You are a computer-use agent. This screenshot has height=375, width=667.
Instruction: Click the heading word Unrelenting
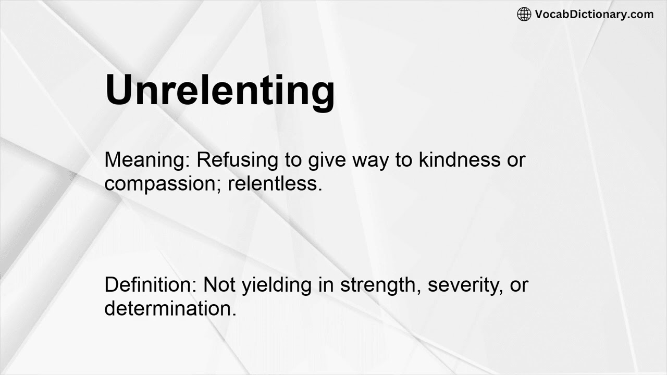click(x=219, y=90)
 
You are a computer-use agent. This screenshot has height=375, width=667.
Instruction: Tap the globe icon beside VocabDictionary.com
click(x=524, y=14)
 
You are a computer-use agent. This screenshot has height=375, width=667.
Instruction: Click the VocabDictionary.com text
click(x=594, y=14)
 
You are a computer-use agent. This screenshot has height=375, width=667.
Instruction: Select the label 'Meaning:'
click(x=147, y=160)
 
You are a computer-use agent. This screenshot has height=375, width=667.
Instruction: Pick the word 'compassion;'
click(x=163, y=183)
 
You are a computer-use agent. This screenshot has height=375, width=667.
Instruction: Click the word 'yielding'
click(x=280, y=285)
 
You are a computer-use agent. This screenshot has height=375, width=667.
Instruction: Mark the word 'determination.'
click(x=170, y=308)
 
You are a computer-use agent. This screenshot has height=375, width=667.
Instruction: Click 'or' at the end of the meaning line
click(x=516, y=160)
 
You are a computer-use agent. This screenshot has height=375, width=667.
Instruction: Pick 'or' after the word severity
click(x=519, y=285)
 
